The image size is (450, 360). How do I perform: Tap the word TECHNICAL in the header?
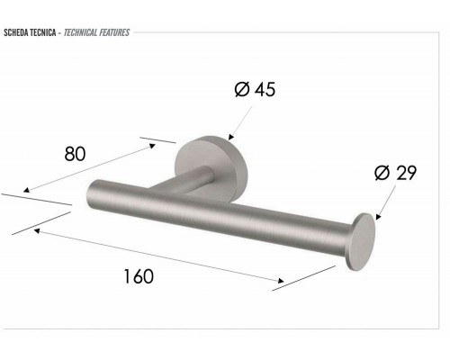click(x=85, y=32)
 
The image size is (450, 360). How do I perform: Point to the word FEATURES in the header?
click(x=115, y=32)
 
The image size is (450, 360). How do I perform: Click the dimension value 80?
click(x=75, y=154)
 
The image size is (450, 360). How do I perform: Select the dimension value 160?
click(x=139, y=275)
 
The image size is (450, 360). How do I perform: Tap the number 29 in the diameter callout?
click(x=406, y=173)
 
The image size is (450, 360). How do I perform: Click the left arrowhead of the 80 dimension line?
click(x=26, y=191)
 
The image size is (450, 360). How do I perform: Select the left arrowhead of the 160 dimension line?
click(x=36, y=230)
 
